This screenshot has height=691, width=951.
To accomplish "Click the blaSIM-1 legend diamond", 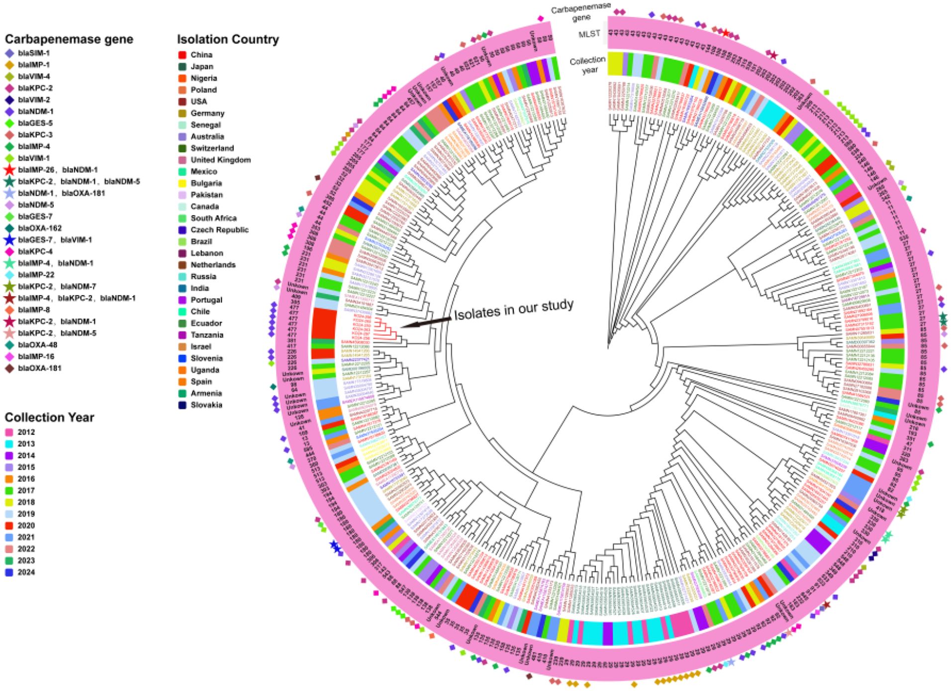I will click(x=9, y=53).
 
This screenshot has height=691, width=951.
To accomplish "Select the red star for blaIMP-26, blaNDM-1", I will click(x=9, y=170).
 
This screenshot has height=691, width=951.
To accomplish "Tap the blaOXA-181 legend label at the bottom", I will click(x=39, y=368).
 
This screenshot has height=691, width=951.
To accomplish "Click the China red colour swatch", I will click(x=183, y=55).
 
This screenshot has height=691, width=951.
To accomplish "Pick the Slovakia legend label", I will click(x=206, y=405).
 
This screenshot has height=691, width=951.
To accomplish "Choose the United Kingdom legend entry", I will click(x=220, y=160).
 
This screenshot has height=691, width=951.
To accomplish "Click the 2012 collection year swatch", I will click(x=9, y=432).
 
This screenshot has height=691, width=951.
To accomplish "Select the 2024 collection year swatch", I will click(x=9, y=573).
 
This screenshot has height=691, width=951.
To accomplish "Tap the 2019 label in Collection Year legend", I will click(x=26, y=514).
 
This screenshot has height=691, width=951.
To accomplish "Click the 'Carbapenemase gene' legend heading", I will click(x=69, y=39).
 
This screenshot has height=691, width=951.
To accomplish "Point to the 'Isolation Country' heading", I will click(x=228, y=39).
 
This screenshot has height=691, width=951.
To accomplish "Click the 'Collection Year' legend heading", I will click(x=49, y=417).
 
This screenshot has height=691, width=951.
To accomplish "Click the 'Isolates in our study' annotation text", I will click(x=514, y=309).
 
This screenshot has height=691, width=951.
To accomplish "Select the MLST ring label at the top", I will click(x=589, y=34).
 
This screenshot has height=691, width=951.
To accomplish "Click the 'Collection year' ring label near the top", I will click(x=588, y=65).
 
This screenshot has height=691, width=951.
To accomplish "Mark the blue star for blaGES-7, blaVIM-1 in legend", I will click(x=9, y=240).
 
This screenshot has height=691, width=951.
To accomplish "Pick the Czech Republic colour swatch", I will click(x=183, y=230).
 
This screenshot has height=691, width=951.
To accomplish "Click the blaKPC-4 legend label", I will click(x=35, y=251).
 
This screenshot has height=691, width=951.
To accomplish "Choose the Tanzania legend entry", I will click(x=206, y=335).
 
